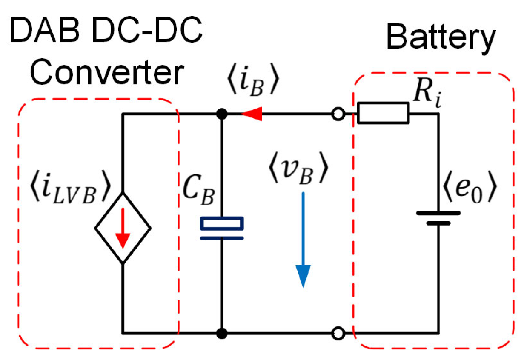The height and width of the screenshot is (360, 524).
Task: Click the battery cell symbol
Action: pos(438,217)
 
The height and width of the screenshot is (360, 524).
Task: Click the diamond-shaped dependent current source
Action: pos(123,228)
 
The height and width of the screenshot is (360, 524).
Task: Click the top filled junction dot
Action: pos(221,114)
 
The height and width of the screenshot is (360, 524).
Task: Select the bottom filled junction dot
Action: pos(221,332)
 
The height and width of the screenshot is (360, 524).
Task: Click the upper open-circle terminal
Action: pos(338,114)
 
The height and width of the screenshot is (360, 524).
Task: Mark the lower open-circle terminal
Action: pos(338,332)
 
